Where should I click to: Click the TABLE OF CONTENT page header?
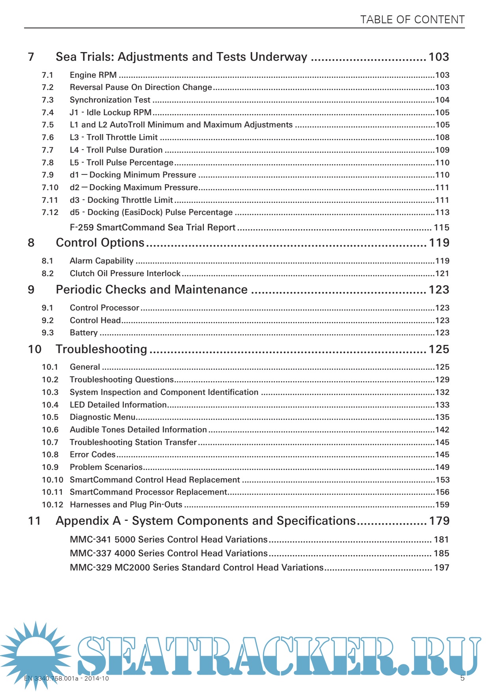pyautogui.click(x=412, y=20)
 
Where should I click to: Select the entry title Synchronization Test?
pyautogui.click(x=110, y=100)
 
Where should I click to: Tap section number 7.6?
pyautogui.click(x=48, y=137)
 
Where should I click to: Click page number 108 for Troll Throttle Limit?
pyautogui.click(x=442, y=137)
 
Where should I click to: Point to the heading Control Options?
pyautogui.click(x=100, y=243)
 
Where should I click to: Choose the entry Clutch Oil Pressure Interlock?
pyautogui.click(x=125, y=273)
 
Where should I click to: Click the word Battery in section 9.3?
pyautogui.click(x=84, y=333)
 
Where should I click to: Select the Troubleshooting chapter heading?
pyautogui.click(x=101, y=349)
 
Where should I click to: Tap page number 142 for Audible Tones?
pyautogui.click(x=442, y=430)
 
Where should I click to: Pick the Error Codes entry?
pyautogui.click(x=93, y=454)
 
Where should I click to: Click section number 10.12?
pyautogui.click(x=52, y=505)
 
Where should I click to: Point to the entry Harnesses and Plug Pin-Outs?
pyautogui.click(x=126, y=505)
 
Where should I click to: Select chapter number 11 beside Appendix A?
pyautogui.click(x=34, y=521)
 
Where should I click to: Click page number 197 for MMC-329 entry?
pyautogui.click(x=441, y=567)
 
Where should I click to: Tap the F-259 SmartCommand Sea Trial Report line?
pyautogui.click(x=153, y=227)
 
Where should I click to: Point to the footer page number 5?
pyautogui.click(x=462, y=678)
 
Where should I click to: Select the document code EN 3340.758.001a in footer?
pyautogui.click(x=51, y=679)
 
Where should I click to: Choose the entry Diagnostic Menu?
pyautogui.click(x=103, y=417)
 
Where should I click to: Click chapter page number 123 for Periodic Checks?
pyautogui.click(x=439, y=290)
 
